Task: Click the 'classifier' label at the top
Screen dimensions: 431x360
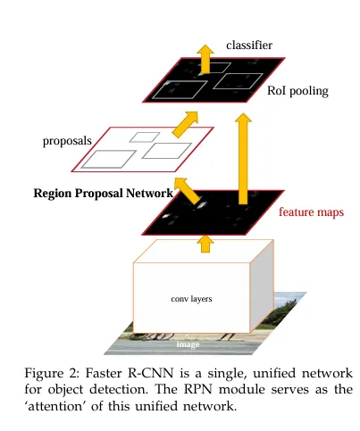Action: click(248, 44)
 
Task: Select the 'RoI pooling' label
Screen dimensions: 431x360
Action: click(297, 91)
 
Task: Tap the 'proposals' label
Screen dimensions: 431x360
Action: click(68, 141)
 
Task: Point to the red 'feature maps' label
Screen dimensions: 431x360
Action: click(311, 212)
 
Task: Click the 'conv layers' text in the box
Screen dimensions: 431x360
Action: click(191, 299)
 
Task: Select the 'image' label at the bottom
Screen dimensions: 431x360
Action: click(187, 343)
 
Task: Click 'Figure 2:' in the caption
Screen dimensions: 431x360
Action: click(46, 371)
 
